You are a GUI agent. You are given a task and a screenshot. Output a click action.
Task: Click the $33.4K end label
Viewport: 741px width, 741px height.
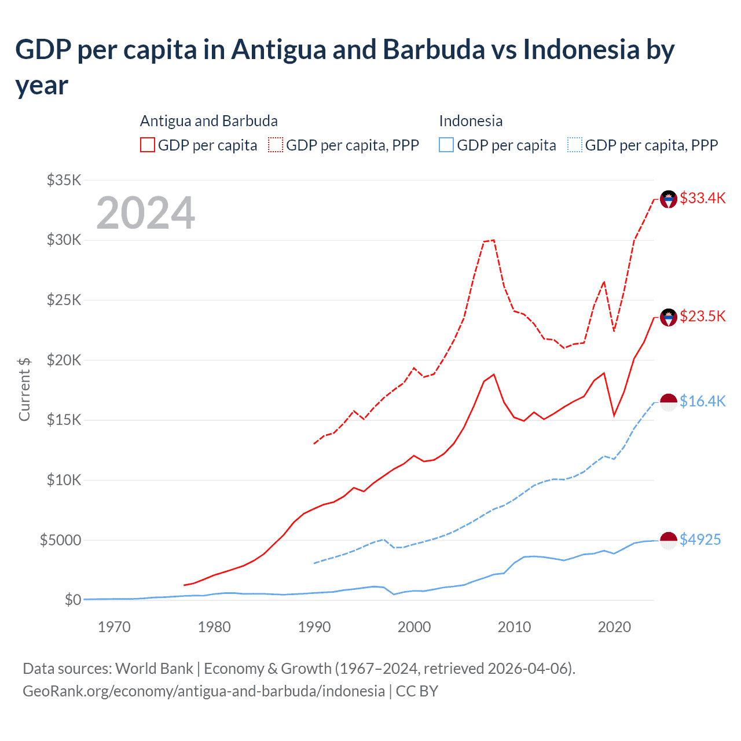pos(702,198)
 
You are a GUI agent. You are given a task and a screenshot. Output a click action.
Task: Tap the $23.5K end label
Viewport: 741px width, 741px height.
pos(702,316)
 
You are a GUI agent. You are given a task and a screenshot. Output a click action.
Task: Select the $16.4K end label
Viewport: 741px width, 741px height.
pos(702,401)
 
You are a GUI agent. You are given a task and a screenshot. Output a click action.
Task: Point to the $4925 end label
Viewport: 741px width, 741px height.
pos(700,540)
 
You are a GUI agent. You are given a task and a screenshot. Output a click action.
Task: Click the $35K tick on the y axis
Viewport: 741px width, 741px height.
pos(64,180)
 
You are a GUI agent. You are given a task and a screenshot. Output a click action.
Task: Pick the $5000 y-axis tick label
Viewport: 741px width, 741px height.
pos(60,540)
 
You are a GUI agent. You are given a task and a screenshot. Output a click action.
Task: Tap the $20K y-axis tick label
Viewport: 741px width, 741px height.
pos(64,360)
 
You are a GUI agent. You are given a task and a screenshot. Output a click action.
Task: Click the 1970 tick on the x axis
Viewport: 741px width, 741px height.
pos(114,627)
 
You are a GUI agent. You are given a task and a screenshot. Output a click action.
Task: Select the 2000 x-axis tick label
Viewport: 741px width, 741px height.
pos(414,627)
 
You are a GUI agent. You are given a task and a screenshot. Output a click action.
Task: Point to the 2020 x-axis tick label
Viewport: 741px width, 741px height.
pos(614,627)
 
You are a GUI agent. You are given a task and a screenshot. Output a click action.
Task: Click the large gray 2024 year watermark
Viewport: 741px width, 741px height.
pos(145,213)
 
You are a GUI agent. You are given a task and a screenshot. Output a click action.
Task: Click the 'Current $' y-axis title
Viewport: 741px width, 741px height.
pos(24,389)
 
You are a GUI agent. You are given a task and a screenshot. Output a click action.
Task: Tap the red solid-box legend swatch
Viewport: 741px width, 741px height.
pos(148,145)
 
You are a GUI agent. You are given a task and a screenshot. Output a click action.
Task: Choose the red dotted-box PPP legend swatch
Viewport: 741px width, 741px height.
pos(276,145)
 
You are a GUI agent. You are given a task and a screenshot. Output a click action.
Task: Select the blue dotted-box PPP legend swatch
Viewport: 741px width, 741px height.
pos(575,145)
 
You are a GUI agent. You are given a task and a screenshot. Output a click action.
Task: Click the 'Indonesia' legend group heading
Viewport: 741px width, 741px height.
pos(471,121)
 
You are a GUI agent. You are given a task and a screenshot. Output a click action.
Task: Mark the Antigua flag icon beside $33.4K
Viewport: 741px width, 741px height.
pos(669,199)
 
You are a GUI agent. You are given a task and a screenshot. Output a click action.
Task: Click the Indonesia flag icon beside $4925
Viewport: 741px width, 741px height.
pos(669,540)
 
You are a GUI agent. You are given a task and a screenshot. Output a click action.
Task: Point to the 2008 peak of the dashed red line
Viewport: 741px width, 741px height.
pos(493,240)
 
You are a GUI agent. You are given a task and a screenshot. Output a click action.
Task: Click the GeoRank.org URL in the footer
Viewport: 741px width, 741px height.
pos(204,691)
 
